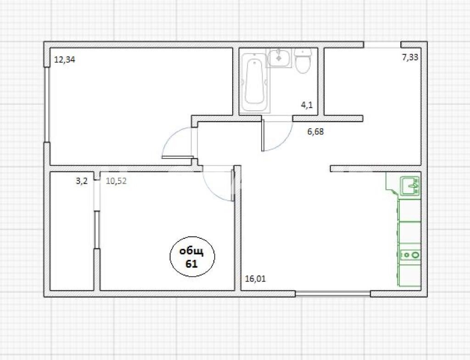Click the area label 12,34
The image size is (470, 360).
[x=65, y=59]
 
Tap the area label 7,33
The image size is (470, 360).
[x=410, y=57]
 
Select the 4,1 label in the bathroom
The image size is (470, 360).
[x=307, y=105]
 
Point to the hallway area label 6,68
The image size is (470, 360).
[x=316, y=132]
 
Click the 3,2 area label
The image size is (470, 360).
[x=81, y=181]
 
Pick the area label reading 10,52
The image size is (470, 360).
[x=116, y=181]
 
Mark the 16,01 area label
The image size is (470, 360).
[x=255, y=278]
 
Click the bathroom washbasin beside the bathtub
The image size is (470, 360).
[x=280, y=58]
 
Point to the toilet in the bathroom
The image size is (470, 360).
[x=303, y=62]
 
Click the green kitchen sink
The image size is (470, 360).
[x=409, y=186]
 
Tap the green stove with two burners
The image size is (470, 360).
[x=409, y=254]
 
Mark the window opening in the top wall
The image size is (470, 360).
[x=382, y=45]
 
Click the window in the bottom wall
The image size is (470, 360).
[x=332, y=293]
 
